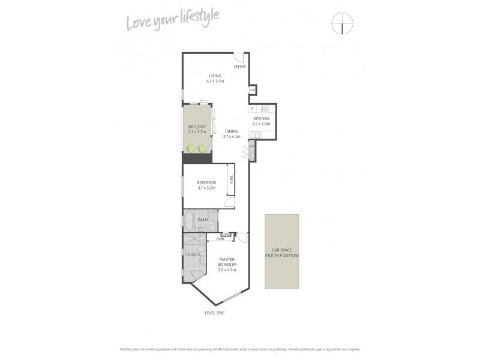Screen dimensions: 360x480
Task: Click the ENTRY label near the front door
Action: [x=239, y=67]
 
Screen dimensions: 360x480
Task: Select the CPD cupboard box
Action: [x=253, y=90]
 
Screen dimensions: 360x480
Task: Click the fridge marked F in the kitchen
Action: [x=253, y=109]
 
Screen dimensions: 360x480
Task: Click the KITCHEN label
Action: [x=262, y=119]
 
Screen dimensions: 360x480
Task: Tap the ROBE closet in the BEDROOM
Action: [x=230, y=179]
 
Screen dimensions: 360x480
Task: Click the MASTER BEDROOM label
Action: [x=227, y=265]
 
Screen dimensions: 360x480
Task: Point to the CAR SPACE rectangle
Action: [x=281, y=251]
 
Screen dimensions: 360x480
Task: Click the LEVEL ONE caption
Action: [x=214, y=313]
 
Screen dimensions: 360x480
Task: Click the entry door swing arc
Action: [x=238, y=58]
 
